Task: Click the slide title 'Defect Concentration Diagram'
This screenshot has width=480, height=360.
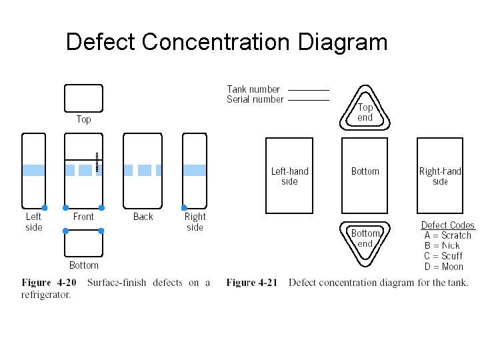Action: pyautogui.click(x=227, y=42)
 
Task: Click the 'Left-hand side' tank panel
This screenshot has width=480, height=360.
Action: pyautogui.click(x=289, y=175)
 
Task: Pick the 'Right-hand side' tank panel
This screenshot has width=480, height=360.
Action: pyautogui.click(x=440, y=175)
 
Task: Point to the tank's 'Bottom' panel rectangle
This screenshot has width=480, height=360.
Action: pyautogui.click(x=365, y=175)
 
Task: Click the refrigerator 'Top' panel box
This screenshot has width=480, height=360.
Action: pyautogui.click(x=83, y=98)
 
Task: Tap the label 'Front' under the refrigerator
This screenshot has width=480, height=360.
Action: pyautogui.click(x=83, y=217)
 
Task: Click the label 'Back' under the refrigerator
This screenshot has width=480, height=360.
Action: pyautogui.click(x=143, y=217)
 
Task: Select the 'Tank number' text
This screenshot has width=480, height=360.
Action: pyautogui.click(x=253, y=89)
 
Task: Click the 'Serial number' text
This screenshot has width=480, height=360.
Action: pyautogui.click(x=255, y=99)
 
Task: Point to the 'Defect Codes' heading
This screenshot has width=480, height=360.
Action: pyautogui.click(x=447, y=225)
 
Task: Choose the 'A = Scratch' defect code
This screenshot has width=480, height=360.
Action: pyautogui.click(x=447, y=235)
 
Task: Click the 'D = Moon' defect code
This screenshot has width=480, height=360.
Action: pyautogui.click(x=443, y=267)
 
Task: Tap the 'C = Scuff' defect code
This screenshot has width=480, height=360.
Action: pyautogui.click(x=443, y=256)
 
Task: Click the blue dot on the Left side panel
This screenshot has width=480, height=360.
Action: pyautogui.click(x=45, y=207)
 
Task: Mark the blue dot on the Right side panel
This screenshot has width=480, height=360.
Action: pyautogui.click(x=185, y=207)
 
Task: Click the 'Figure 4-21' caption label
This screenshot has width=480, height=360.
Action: pyautogui.click(x=251, y=283)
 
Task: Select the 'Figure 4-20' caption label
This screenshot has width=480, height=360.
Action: pyautogui.click(x=49, y=283)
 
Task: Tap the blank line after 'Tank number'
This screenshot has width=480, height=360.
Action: pyautogui.click(x=309, y=89)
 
